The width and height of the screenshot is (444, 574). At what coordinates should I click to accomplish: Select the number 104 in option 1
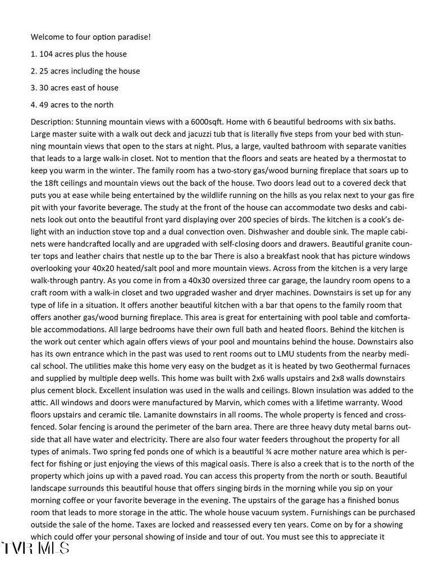pos(46,54)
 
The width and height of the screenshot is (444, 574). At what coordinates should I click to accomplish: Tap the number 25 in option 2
pos(44,71)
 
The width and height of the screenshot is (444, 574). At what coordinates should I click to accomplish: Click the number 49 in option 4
pos(44,104)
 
